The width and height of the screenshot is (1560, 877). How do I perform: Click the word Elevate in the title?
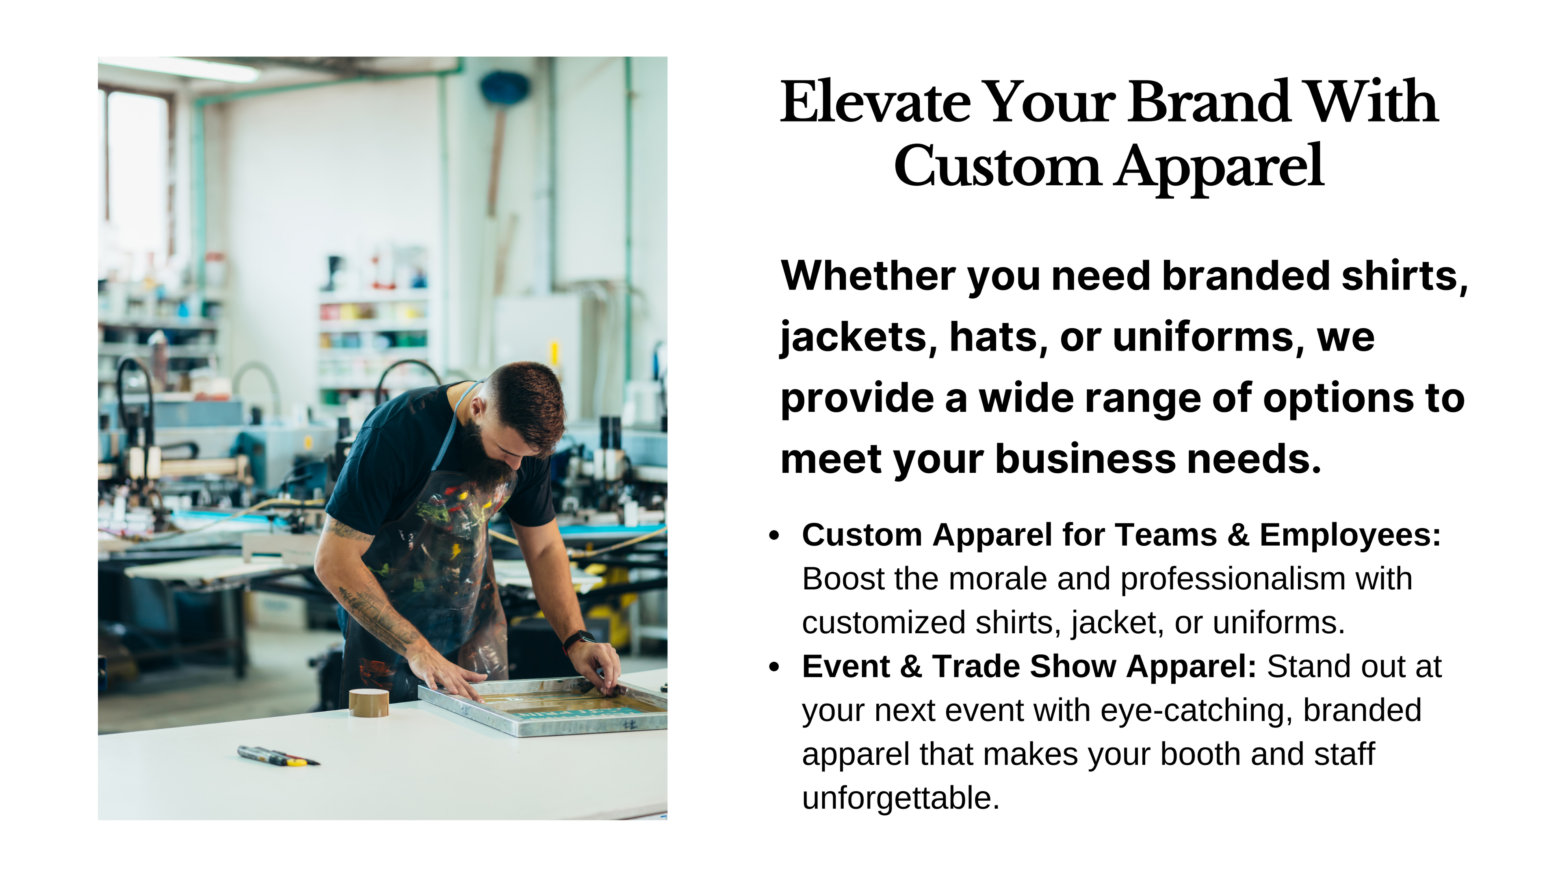click(x=876, y=102)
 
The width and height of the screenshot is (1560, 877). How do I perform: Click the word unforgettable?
click(x=901, y=798)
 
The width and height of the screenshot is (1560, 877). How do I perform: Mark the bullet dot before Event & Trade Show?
click(x=773, y=667)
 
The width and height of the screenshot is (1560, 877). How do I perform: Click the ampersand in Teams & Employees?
click(x=1238, y=535)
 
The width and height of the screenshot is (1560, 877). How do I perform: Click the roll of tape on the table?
click(x=369, y=703)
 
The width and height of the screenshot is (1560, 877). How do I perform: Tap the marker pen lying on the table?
click(x=279, y=756)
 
